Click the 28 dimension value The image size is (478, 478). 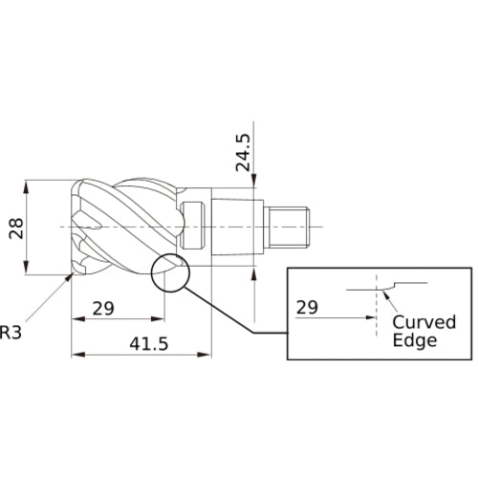point(16,228)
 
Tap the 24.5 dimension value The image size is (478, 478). point(243,152)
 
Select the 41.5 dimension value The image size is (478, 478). point(149,344)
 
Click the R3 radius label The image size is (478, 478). point(11,332)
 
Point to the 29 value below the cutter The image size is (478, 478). point(103,309)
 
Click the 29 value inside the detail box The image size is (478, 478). point(307,307)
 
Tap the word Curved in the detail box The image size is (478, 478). point(424,322)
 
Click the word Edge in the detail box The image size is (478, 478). point(415,340)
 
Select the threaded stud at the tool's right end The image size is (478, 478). point(289,227)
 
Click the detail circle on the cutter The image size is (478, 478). point(170,255)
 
